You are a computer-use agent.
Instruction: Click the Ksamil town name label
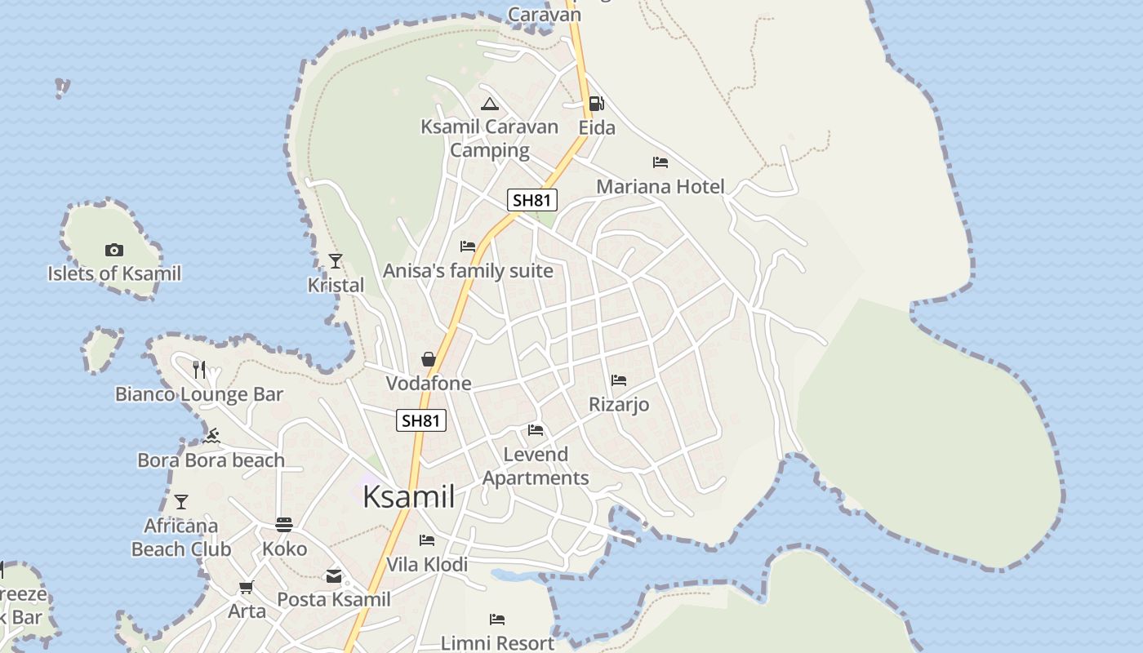coord(408,496)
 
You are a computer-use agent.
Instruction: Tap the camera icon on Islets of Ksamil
coord(114,250)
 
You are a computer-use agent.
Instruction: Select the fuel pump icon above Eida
coord(597,104)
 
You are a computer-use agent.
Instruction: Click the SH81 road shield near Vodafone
coord(422,421)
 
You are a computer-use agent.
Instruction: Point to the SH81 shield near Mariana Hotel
coord(532,200)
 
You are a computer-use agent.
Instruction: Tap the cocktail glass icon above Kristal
coord(336,261)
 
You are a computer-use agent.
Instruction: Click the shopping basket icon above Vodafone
coord(429,359)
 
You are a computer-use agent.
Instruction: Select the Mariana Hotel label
coord(660,186)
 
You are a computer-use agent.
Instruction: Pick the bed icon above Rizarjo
coord(619,380)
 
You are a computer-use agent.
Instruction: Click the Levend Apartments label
coord(536,466)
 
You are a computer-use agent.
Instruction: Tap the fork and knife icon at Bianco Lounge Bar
coord(199,370)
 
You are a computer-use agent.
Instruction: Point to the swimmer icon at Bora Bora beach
coord(212,436)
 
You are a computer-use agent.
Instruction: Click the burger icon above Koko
coord(284,524)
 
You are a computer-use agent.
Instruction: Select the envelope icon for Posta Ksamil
coord(334,576)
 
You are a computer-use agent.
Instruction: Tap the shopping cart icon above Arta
coord(247,587)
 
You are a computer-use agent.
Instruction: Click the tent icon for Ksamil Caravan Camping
coord(490,104)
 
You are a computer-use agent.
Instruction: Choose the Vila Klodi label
coord(427,564)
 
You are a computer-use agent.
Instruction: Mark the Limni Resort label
coord(497,642)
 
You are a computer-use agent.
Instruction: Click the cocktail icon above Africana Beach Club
coord(181,501)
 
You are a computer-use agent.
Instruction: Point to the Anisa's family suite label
coord(468,270)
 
